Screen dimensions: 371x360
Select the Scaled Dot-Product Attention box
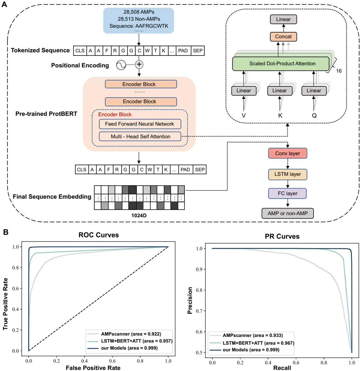[x=282, y=64]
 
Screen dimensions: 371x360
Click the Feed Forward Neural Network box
[x=140, y=124]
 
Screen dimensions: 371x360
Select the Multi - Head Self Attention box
[x=140, y=137]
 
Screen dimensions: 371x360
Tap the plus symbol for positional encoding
[x=140, y=64]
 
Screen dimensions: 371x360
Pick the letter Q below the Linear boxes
[x=314, y=115]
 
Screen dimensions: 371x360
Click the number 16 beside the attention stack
[x=339, y=71]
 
